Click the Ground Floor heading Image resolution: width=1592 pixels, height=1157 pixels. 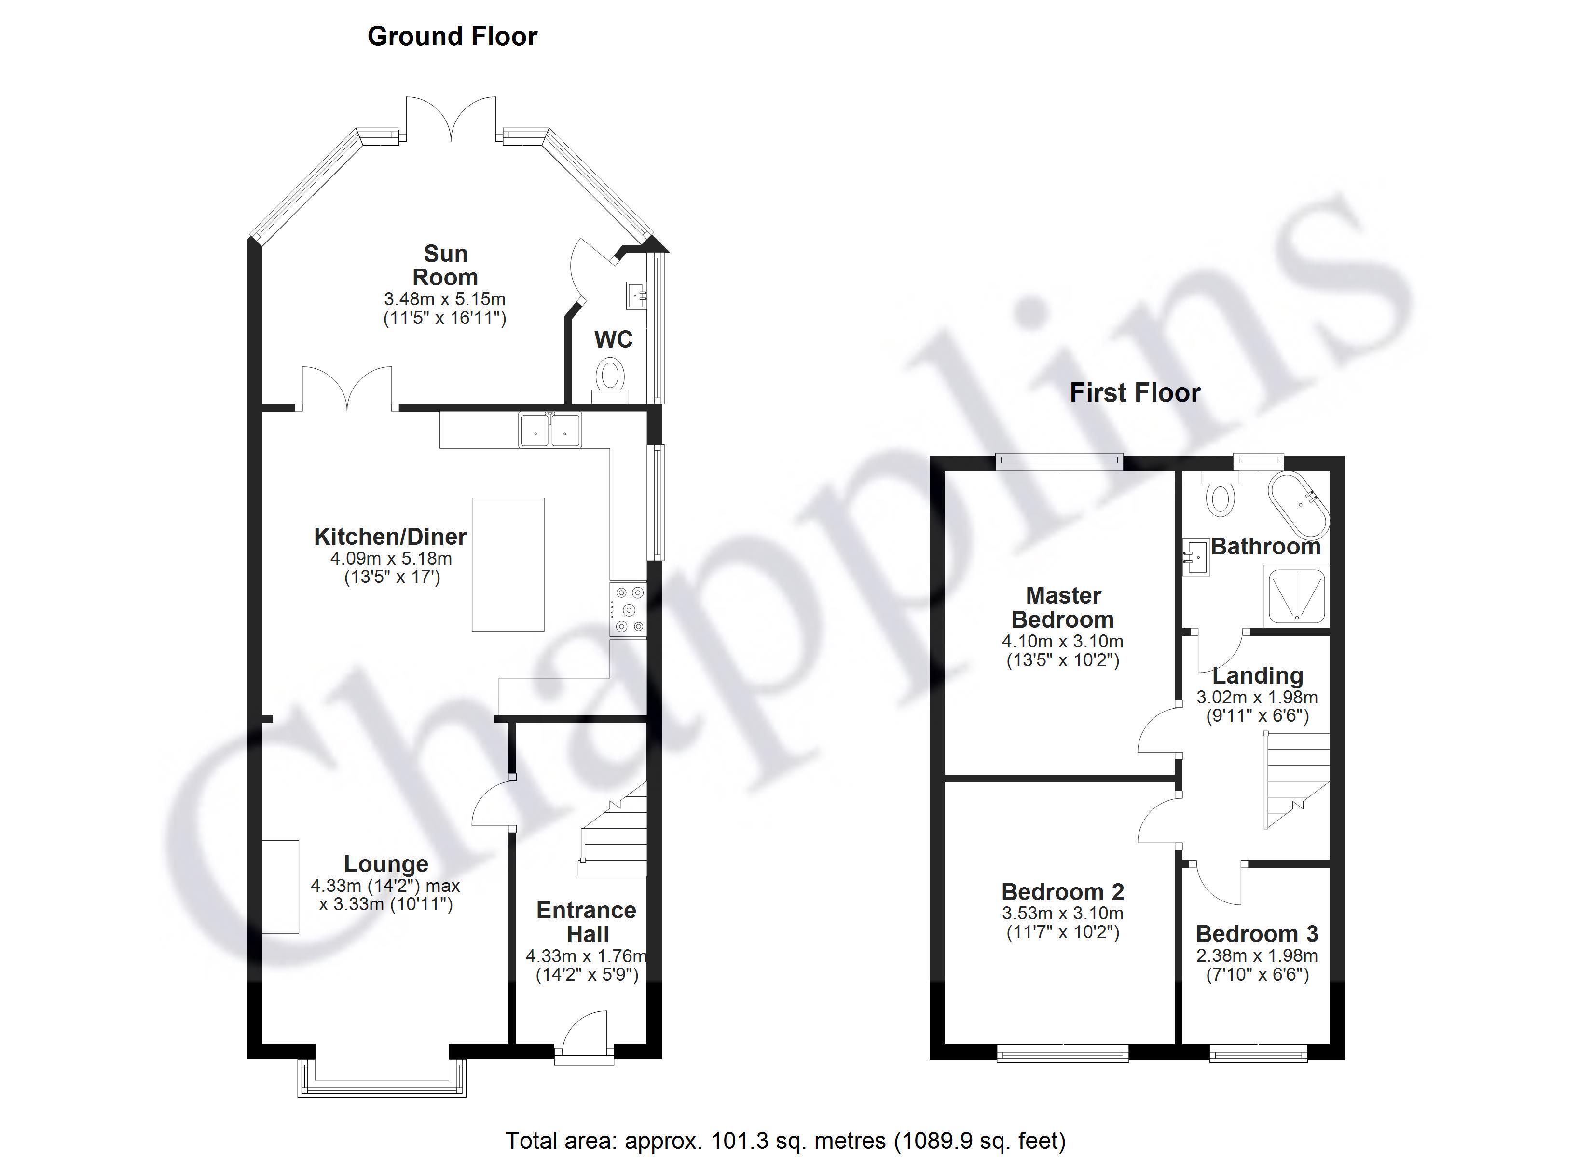click(452, 37)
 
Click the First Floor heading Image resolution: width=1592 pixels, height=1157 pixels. click(1135, 393)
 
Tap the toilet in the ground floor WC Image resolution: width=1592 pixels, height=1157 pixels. click(609, 379)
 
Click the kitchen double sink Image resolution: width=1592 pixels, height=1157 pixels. click(550, 430)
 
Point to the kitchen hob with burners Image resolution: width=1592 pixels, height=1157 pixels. click(628, 610)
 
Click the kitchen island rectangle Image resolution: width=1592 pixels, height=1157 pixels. click(508, 565)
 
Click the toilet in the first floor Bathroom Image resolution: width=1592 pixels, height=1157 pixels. click(1221, 494)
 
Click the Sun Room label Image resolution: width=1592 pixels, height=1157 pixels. click(445, 265)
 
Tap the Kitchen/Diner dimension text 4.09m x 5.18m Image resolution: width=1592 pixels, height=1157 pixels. click(391, 559)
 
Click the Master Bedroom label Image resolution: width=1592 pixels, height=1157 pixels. click(1063, 607)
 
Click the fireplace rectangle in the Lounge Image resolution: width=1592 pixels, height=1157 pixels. click(281, 887)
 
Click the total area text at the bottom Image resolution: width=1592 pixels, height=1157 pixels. click(785, 1140)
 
